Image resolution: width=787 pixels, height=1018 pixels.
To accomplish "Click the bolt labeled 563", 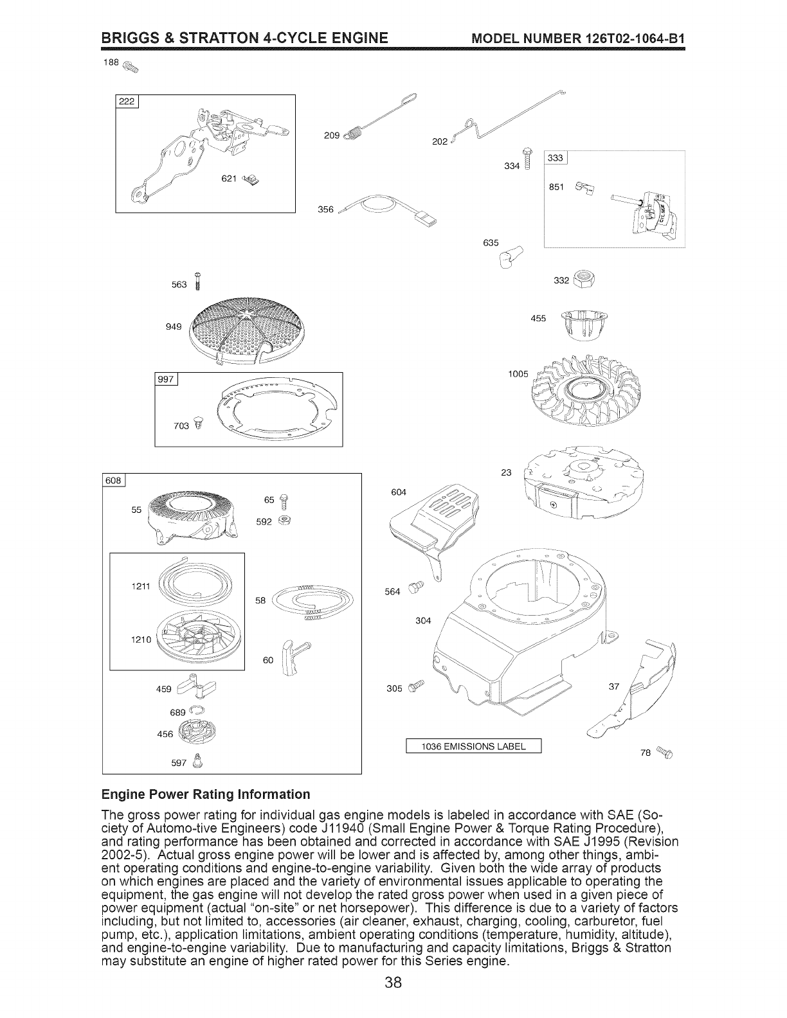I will (x=199, y=281).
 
